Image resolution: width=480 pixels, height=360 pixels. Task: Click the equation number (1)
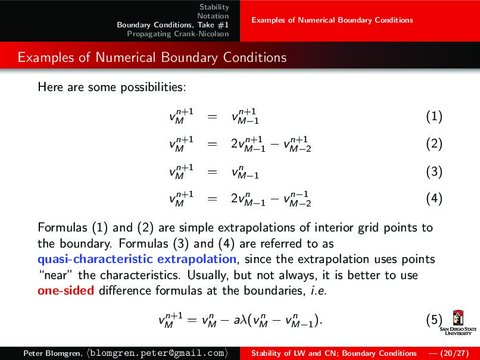[x=434, y=117]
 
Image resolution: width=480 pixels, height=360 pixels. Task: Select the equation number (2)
[x=434, y=144]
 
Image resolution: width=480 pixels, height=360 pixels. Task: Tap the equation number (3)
[x=434, y=172]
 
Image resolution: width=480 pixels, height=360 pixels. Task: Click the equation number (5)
[x=434, y=321]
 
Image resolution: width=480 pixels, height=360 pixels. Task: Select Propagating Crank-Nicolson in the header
[x=178, y=33]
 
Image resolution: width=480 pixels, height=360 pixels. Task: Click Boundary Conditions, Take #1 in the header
[x=173, y=24]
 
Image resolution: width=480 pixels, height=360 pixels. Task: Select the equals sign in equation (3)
[x=212, y=173]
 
